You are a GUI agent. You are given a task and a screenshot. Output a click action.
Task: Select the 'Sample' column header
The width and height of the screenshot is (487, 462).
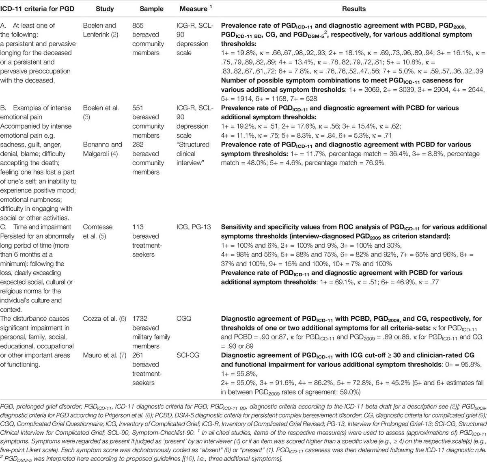point(151,9)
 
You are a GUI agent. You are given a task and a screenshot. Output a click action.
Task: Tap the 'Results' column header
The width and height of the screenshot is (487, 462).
point(353,9)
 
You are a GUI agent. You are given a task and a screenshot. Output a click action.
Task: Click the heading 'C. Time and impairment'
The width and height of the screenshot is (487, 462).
point(36,227)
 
